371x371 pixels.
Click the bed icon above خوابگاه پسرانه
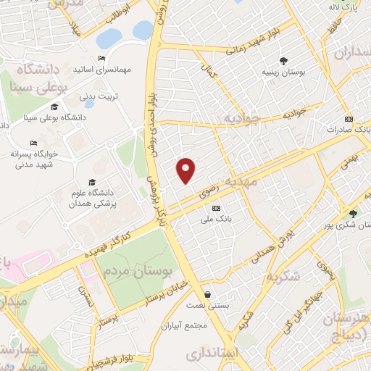pyautogui.click(x=33, y=143)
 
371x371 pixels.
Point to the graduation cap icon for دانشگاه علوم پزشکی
pyautogui.click(x=92, y=182)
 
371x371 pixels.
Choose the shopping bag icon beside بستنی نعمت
pyautogui.click(x=209, y=295)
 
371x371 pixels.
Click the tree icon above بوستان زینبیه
pyautogui.click(x=283, y=61)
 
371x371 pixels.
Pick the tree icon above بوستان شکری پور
pyautogui.click(x=353, y=213)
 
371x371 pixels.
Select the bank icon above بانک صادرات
pyautogui.click(x=349, y=119)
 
